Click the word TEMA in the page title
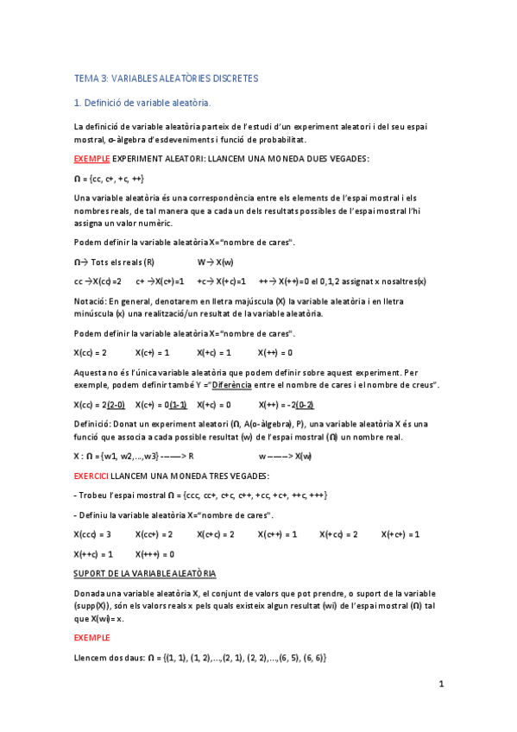coord(87,79)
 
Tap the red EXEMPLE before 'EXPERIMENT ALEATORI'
coord(92,160)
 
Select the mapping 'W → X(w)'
coord(216,262)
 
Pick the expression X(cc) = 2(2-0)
coord(99,404)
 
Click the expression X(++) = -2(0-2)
coord(286,404)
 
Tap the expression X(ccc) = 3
coord(92,534)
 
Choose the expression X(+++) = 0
coord(155,554)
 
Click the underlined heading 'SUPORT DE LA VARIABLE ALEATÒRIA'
coord(144,573)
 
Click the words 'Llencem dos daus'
coord(109,657)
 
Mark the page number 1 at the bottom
coord(441,685)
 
